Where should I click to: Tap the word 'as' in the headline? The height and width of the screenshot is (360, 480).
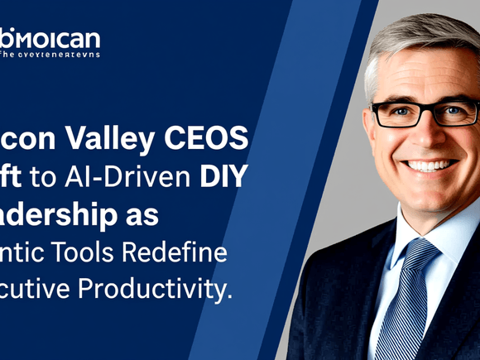tap(146, 214)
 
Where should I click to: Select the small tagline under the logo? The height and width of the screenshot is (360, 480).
tap(50, 55)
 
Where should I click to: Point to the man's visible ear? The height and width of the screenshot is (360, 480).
tap(370, 124)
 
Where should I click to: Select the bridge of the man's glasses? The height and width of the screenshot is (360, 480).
tap(425, 110)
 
